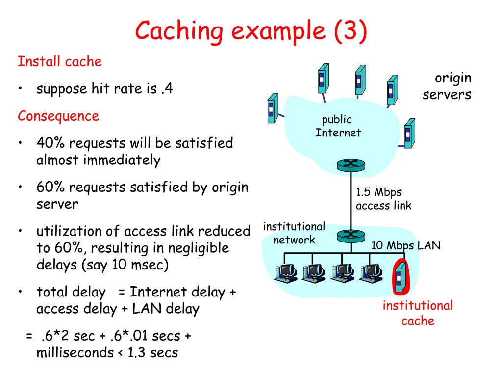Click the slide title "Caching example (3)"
251,31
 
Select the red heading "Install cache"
60,61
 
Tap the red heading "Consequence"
59,116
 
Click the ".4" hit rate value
167,88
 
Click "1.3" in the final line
136,352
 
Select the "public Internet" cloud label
338,126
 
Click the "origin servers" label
447,86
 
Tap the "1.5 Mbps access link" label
383,199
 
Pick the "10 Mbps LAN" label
406,245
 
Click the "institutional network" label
294,233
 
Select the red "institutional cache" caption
418,313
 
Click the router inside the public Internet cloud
351,165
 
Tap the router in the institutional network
351,236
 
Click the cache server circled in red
401,277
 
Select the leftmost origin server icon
273,108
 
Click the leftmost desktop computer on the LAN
285,273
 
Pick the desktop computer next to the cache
371,273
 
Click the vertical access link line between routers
351,201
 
